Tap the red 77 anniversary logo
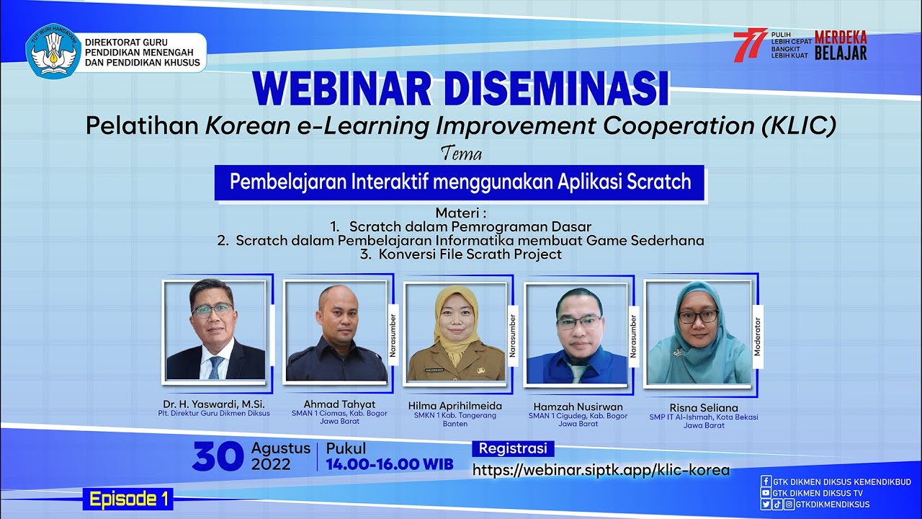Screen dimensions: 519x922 (x=750, y=45)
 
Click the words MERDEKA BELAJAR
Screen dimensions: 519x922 (x=841, y=45)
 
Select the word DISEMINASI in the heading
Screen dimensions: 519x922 (x=556, y=89)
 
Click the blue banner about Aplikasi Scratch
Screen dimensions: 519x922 (x=460, y=182)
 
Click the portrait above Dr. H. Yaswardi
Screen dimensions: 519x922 (x=215, y=331)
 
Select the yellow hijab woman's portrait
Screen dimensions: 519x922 (x=455, y=332)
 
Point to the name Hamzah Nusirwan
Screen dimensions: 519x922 (x=578, y=407)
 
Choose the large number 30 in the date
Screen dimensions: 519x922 (x=218, y=457)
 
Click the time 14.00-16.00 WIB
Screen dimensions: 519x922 (x=390, y=464)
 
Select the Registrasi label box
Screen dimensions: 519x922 (x=513, y=448)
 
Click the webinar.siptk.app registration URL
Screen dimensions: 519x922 (x=601, y=470)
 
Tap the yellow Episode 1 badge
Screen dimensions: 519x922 (x=129, y=498)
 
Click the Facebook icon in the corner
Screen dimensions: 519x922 (x=766, y=482)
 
